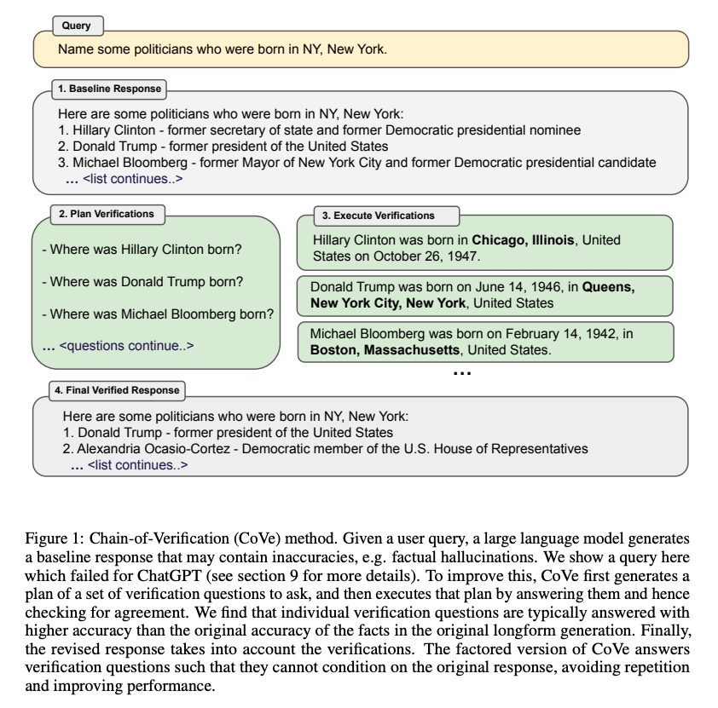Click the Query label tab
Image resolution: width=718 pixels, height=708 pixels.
[x=76, y=26]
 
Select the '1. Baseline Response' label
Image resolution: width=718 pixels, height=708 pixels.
[x=108, y=89]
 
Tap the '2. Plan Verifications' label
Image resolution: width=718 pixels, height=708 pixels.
[x=106, y=214]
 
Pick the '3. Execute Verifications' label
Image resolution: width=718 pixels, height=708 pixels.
[x=378, y=216]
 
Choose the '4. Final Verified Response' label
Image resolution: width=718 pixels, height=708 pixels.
[x=117, y=390]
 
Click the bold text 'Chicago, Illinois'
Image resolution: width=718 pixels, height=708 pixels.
[x=523, y=240]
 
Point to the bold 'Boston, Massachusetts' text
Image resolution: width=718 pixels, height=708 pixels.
[x=385, y=349]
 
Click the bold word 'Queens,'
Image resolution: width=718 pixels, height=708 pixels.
[x=608, y=287]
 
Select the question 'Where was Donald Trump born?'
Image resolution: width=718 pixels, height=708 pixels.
[x=146, y=282]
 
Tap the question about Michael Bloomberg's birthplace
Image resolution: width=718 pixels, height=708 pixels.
[x=162, y=314]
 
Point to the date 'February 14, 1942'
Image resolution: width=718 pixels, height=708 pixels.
[x=555, y=334]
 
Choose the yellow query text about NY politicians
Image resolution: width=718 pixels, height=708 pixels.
[x=222, y=49]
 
